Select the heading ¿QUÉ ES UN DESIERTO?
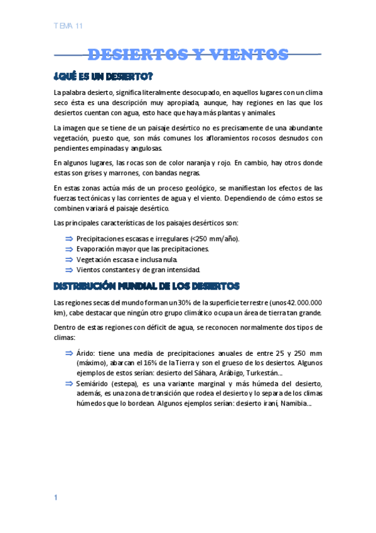[x=104, y=77]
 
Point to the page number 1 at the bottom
[x=56, y=497]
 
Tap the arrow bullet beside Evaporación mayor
[x=68, y=249]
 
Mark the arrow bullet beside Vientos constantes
[x=68, y=270]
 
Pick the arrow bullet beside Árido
[x=68, y=353]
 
